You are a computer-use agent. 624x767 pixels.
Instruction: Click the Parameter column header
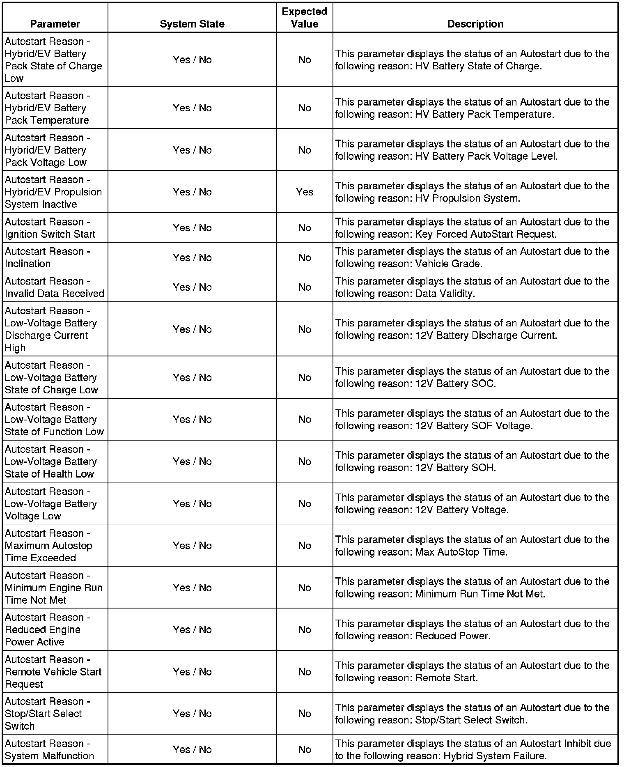coord(55,24)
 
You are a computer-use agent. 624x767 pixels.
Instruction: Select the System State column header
coord(192,24)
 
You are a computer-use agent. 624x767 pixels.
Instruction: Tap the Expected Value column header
coord(304,18)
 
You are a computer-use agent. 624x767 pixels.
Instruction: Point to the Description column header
coord(475,24)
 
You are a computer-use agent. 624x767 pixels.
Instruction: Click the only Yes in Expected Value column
coord(304,192)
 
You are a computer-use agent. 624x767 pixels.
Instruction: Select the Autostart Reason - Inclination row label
coord(47,257)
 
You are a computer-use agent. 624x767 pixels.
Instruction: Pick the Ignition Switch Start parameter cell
coord(50,228)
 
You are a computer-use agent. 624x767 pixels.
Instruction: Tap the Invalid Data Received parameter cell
coord(54,287)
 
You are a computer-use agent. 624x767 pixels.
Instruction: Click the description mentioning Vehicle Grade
coord(472,257)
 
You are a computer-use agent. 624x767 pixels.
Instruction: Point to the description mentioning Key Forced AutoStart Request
coord(472,228)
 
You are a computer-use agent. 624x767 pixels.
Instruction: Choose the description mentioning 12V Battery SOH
coord(472,462)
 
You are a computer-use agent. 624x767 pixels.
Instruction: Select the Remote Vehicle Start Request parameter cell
coord(53,672)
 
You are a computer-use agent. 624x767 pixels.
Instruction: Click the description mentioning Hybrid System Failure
coord(473,750)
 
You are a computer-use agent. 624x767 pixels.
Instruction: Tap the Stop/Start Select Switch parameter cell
coord(47,714)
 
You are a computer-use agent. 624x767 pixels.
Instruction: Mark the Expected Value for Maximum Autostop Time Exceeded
coord(304,546)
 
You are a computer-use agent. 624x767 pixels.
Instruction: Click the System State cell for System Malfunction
coord(192,750)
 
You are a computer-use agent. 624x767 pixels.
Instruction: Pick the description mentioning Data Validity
coord(472,287)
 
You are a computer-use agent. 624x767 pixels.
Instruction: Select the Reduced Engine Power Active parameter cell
coord(47,629)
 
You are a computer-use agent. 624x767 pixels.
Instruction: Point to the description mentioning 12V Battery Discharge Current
coord(472,329)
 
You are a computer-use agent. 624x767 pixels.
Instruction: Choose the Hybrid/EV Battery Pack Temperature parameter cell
coord(47,108)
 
